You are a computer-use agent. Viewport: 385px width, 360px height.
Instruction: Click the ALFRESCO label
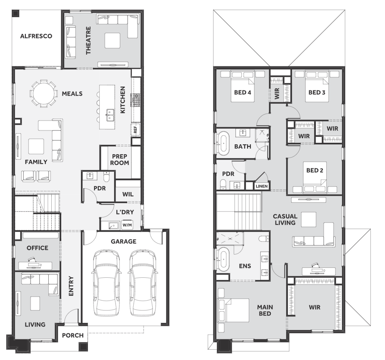[x=36, y=36]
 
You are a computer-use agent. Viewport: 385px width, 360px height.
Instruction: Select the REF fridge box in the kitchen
[x=135, y=130]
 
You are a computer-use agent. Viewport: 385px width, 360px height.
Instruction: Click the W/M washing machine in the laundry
[x=127, y=225]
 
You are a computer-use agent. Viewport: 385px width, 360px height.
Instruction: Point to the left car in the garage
[x=106, y=283]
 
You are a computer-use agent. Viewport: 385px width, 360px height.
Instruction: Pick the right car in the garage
[x=142, y=283]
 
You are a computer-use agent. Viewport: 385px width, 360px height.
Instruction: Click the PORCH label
[x=73, y=335]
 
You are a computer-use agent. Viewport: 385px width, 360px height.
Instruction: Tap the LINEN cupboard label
[x=262, y=186]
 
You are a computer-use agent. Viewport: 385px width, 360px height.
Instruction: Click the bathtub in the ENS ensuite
[x=223, y=259]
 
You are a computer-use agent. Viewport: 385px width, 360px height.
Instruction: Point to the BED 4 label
[x=243, y=93]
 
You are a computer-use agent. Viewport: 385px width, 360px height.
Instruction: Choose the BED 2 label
[x=315, y=170]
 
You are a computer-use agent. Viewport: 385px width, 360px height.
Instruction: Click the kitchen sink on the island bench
[x=110, y=115]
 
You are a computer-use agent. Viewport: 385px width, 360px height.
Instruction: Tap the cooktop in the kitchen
[x=136, y=100]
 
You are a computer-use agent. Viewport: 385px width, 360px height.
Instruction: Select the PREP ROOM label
[x=119, y=159]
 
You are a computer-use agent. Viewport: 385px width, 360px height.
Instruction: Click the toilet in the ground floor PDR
[x=106, y=177]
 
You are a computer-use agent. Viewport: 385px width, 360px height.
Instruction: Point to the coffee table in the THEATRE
[x=113, y=40]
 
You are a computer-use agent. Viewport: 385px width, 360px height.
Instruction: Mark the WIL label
[x=128, y=194]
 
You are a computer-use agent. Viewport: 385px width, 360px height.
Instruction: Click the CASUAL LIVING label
[x=285, y=220]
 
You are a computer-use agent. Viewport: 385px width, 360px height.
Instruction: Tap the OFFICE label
[x=38, y=248]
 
